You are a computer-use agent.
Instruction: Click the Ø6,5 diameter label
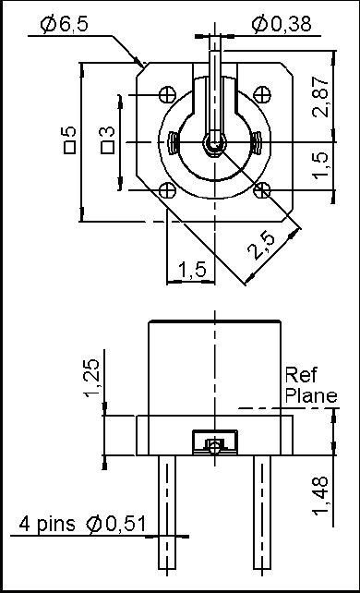(x=65, y=24)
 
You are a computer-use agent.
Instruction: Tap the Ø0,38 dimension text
(x=282, y=24)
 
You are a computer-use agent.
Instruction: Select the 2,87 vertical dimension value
(x=320, y=97)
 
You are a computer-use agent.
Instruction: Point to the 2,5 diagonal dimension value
(x=261, y=246)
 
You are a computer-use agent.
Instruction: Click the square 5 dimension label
(x=70, y=140)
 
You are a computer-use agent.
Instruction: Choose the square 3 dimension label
(x=107, y=139)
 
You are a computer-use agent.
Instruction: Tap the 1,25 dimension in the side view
(x=91, y=378)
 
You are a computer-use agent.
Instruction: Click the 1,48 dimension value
(x=320, y=496)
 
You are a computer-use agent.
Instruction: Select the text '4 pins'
(x=47, y=525)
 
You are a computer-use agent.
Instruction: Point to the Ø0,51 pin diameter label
(x=116, y=524)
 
